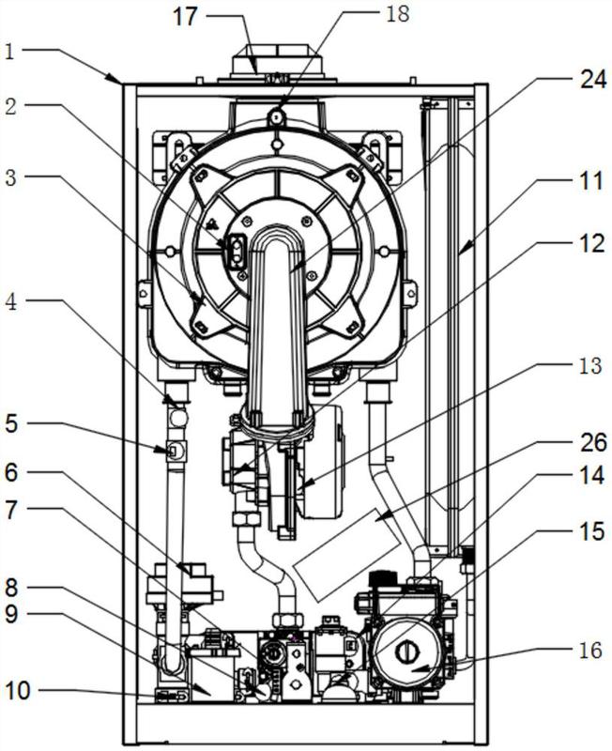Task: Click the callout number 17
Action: pos(185,17)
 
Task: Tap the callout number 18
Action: pos(397,13)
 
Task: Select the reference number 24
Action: pos(593,79)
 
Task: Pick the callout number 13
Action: pos(589,366)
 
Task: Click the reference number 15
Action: pos(590,531)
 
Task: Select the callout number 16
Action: pos(589,651)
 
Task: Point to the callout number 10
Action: pos(18,691)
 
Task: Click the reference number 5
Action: pos(11,424)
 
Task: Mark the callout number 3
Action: pos(10,177)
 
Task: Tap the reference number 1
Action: pos(9,53)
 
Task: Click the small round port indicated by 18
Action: pos(276,115)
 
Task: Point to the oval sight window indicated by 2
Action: pos(237,252)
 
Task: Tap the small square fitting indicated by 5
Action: pos(175,451)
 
